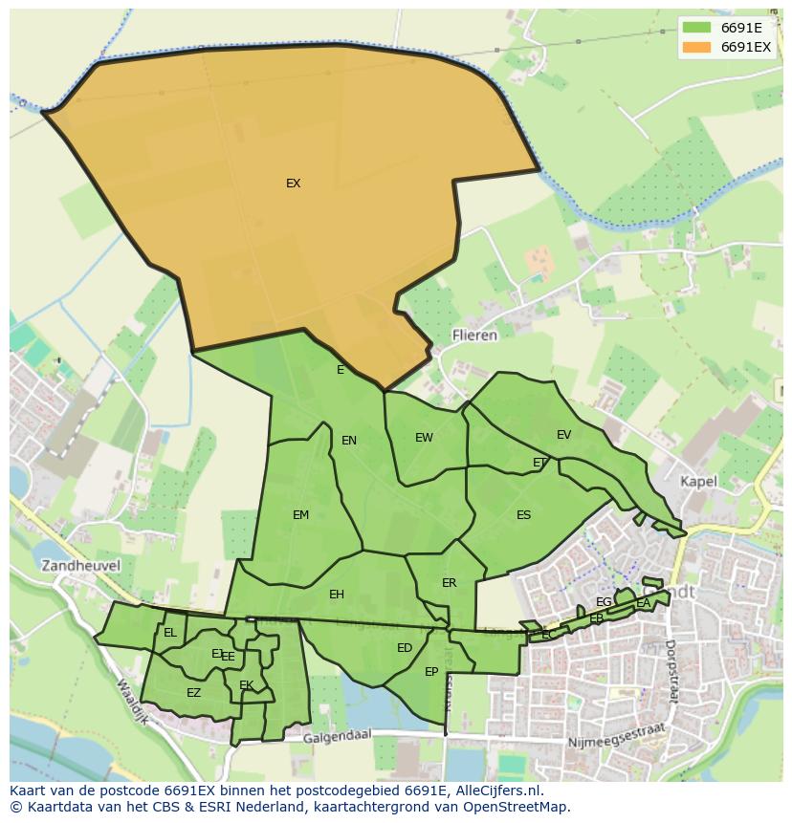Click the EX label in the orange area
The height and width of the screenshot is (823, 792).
293,184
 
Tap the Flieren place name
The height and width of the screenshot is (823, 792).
474,336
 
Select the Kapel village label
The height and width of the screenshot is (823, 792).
698,482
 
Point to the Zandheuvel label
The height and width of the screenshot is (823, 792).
80,565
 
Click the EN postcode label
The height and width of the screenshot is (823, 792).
349,441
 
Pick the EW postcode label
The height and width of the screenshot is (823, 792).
424,438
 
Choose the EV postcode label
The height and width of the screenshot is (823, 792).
563,435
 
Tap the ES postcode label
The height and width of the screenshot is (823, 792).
523,515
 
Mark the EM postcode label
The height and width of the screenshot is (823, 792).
300,515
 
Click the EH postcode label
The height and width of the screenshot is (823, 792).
336,595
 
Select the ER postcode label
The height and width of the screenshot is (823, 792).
449,583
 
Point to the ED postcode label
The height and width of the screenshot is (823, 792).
404,648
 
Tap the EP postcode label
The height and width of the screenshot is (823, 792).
431,672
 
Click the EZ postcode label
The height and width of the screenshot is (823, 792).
193,693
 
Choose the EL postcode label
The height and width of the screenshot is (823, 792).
170,633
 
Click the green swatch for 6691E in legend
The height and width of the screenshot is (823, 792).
696,27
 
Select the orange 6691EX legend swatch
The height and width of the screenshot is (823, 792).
696,46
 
